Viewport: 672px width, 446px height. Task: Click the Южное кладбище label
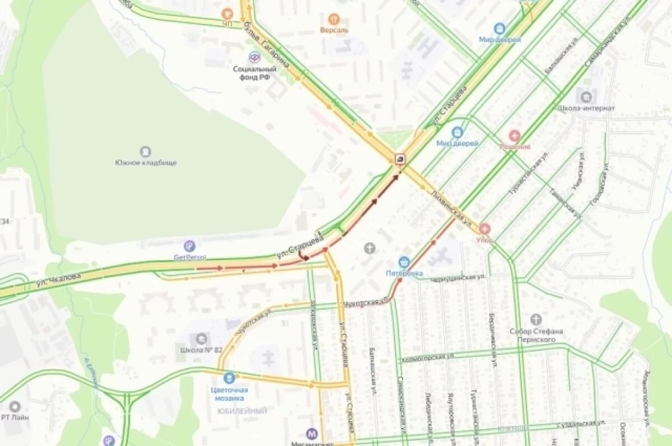146,163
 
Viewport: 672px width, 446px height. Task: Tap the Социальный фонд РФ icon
254,57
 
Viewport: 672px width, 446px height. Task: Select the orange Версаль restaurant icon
334,19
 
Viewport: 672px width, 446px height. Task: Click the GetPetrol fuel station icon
190,246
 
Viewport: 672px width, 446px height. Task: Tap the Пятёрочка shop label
404,273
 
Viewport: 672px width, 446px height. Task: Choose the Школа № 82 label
201,350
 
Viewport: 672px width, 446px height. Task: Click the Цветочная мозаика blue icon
229,378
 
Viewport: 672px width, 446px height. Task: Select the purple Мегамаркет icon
312,433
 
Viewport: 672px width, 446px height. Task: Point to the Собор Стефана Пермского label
536,335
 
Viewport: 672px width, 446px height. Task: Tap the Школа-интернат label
586,108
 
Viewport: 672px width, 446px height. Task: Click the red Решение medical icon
514,136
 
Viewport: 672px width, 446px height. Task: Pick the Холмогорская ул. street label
427,358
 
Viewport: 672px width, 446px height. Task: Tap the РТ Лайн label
15,416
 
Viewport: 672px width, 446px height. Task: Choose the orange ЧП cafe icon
227,13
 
